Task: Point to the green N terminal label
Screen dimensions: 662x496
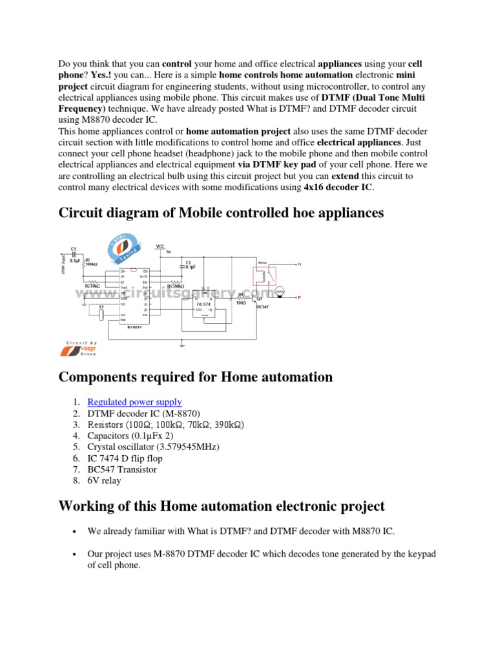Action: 299,264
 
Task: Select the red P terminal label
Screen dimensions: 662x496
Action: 299,297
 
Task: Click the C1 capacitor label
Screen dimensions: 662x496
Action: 74,248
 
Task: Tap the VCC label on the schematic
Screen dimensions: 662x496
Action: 160,246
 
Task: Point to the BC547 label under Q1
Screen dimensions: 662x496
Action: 262,306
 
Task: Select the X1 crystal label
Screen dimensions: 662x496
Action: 101,306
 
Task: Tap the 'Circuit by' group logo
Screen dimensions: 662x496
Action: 79,349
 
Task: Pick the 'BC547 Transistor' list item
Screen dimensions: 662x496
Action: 122,469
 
